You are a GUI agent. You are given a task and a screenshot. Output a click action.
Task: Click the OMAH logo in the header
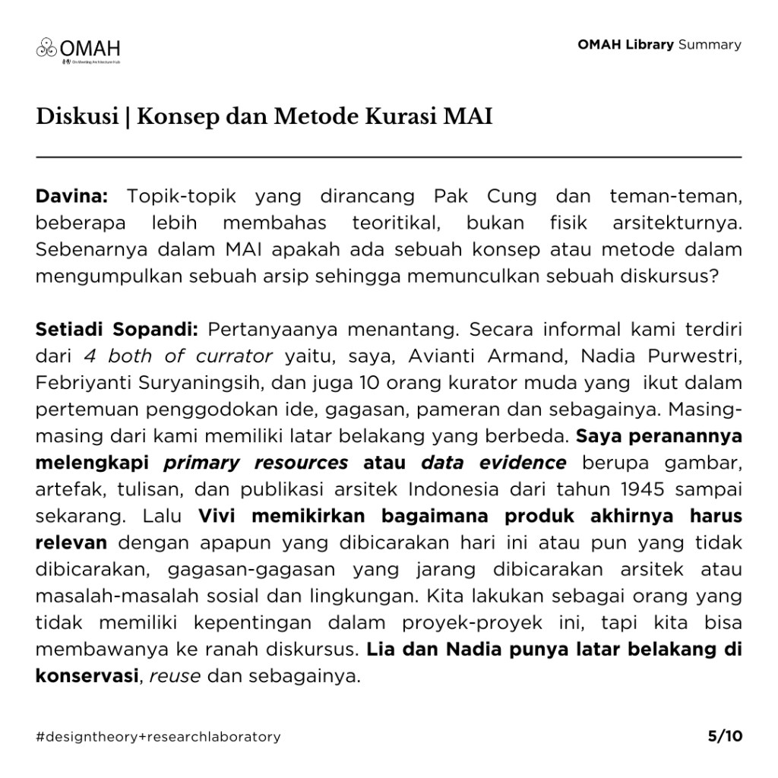pos(79,49)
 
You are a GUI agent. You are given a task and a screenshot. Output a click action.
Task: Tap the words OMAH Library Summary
pos(659,44)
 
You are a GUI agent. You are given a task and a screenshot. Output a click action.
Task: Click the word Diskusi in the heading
pos(76,119)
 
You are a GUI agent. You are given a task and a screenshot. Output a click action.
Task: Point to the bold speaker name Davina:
pos(72,196)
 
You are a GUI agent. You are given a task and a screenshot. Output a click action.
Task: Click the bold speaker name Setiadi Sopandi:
pos(117,330)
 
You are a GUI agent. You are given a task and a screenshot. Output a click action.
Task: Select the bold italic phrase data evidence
pos(493,463)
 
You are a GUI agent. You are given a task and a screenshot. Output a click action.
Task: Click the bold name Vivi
pos(220,516)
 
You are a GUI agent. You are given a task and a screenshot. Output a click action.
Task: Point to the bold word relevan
pos(71,542)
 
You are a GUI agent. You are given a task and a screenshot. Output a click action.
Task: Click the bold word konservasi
pos(86,675)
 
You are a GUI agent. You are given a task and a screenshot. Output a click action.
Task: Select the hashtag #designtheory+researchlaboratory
pos(158,736)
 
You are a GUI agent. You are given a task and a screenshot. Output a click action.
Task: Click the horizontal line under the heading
pos(389,157)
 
